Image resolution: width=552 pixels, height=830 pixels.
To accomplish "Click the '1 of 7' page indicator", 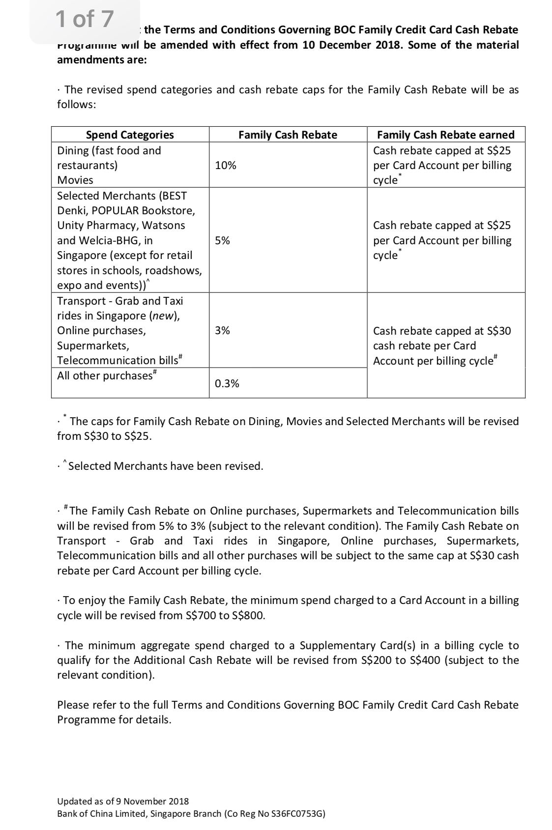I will pyautogui.click(x=85, y=20).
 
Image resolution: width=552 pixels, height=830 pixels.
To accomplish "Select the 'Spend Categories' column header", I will pyautogui.click(x=130, y=135).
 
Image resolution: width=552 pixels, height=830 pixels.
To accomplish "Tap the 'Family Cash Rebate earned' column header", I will pyautogui.click(x=445, y=135).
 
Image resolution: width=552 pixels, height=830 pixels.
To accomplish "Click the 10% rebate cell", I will pyautogui.click(x=226, y=165).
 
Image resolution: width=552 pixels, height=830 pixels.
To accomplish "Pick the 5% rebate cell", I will pyautogui.click(x=222, y=240).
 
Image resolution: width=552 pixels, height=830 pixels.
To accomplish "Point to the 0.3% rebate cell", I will pyautogui.click(x=227, y=383).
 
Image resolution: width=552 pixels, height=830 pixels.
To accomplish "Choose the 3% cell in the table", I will pyautogui.click(x=222, y=330).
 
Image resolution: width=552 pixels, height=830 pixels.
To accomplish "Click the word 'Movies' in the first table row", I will pyautogui.click(x=75, y=180).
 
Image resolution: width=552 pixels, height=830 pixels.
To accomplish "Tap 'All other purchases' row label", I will pyautogui.click(x=105, y=375).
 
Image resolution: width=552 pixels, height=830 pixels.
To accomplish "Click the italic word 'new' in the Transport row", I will pyautogui.click(x=164, y=315).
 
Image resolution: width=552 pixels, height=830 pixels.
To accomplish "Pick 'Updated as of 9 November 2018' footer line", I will pyautogui.click(x=123, y=801).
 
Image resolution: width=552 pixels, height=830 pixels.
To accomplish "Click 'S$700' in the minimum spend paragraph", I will pyautogui.click(x=201, y=615).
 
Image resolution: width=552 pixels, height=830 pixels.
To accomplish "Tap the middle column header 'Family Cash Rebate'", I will pyautogui.click(x=288, y=135).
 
